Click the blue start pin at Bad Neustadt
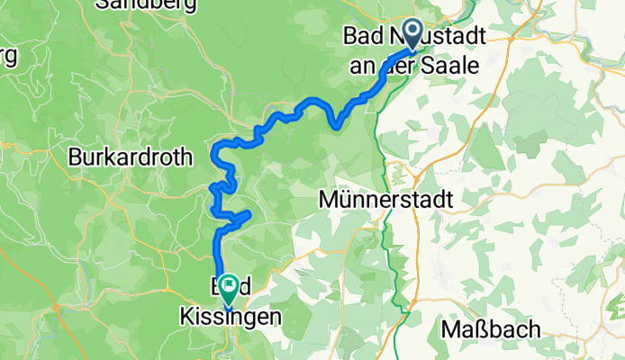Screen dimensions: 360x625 [x=413, y=34]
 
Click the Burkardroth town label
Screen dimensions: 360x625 [x=131, y=157]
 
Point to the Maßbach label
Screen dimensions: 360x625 [x=491, y=329]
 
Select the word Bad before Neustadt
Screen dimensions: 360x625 [x=364, y=37]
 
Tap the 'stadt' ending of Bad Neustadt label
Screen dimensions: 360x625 [x=466, y=37]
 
